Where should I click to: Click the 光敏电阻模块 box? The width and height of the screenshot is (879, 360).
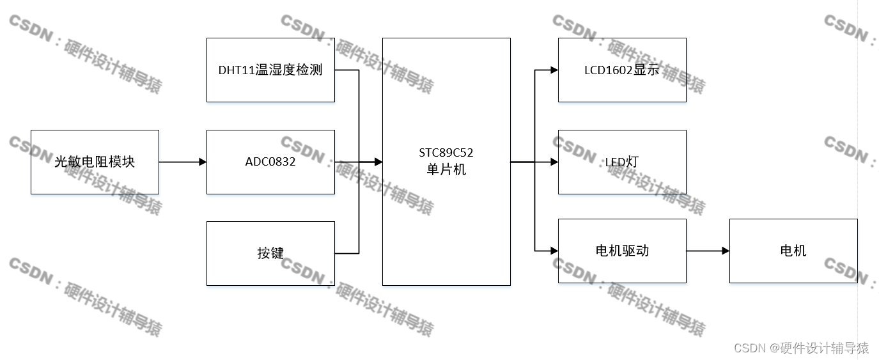[x=95, y=162]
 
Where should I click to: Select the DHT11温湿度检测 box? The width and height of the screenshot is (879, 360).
[x=270, y=70]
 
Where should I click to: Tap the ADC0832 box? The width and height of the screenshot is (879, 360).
[x=270, y=162]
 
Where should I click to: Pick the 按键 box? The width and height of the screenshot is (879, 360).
[x=270, y=253]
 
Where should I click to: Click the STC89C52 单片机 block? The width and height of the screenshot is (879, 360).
[x=446, y=211]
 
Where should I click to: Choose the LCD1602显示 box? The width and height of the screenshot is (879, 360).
[x=622, y=70]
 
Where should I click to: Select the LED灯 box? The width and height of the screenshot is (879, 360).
[x=622, y=162]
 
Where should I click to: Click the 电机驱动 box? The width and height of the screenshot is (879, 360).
[x=622, y=251]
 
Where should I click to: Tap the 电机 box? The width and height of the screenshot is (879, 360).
[x=793, y=251]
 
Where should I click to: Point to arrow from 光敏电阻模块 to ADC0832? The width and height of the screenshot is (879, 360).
[x=182, y=162]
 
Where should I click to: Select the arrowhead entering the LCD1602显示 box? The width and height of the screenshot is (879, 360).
[x=554, y=70]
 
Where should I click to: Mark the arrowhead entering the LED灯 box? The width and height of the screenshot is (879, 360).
[x=554, y=162]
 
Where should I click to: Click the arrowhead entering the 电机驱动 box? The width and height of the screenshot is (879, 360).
[x=554, y=251]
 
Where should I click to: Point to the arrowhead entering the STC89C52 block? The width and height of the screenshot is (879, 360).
[x=378, y=162]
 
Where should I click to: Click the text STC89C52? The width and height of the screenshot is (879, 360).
[x=446, y=153]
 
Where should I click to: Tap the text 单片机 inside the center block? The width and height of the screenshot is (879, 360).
[x=446, y=170]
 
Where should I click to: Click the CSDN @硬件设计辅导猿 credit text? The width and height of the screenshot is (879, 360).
[x=801, y=348]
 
